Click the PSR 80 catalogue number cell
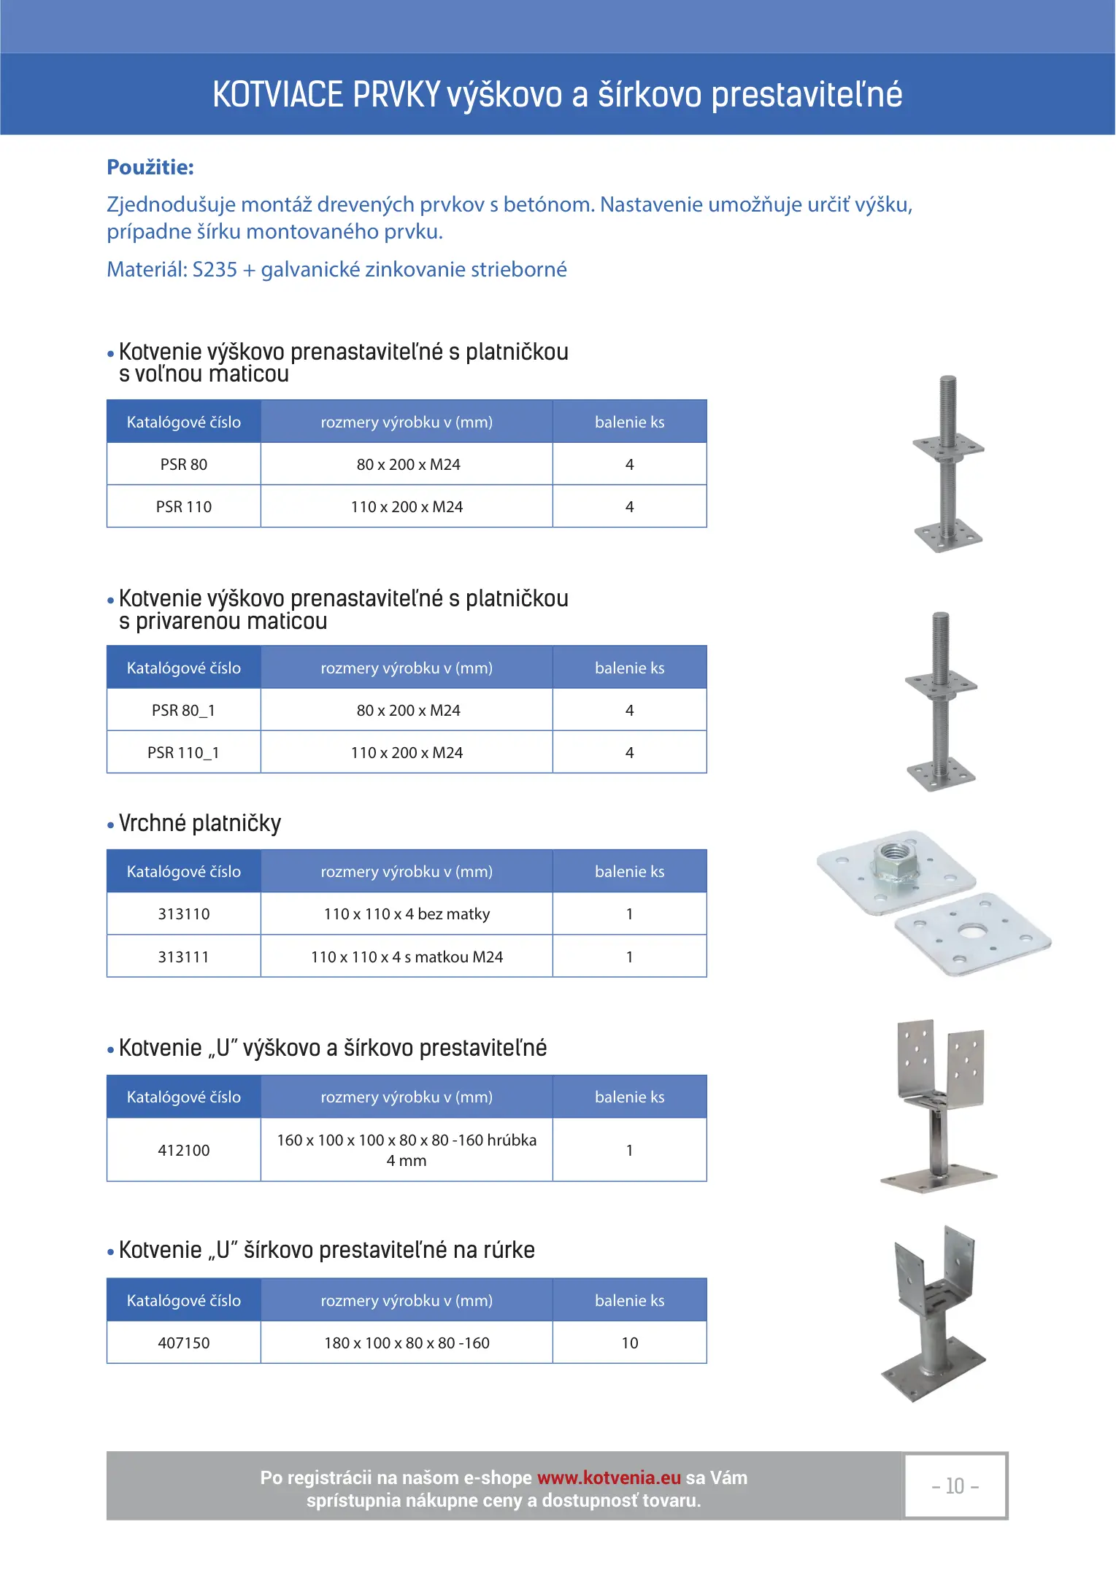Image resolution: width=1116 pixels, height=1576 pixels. [x=184, y=465]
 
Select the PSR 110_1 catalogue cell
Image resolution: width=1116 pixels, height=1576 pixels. [x=184, y=753]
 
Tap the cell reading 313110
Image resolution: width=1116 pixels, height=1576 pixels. [x=184, y=914]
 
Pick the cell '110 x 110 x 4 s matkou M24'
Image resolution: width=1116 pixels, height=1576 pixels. [x=407, y=957]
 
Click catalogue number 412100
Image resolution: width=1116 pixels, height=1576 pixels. [x=184, y=1151]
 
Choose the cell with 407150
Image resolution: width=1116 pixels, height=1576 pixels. [x=184, y=1343]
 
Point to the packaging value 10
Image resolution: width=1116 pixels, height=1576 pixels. [x=630, y=1343]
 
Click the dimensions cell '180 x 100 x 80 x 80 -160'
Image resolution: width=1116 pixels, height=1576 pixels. [x=407, y=1343]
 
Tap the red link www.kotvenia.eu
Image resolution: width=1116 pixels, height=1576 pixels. [x=609, y=1477]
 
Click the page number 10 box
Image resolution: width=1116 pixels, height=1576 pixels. [x=955, y=1486]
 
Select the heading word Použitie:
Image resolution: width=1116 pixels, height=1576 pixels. [x=150, y=168]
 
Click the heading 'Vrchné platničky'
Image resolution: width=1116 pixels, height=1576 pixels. [x=199, y=824]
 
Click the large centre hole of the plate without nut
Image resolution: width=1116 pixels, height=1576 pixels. [x=971, y=932]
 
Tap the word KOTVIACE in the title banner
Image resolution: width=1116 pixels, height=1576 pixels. [x=277, y=96]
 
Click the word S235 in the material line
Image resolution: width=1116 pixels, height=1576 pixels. [x=215, y=270]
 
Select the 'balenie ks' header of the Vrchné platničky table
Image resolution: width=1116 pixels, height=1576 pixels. [x=630, y=872]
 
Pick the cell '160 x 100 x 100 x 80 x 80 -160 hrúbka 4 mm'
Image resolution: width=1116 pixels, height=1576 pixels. [x=407, y=1151]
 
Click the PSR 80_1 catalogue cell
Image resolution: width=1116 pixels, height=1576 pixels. [x=184, y=711]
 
